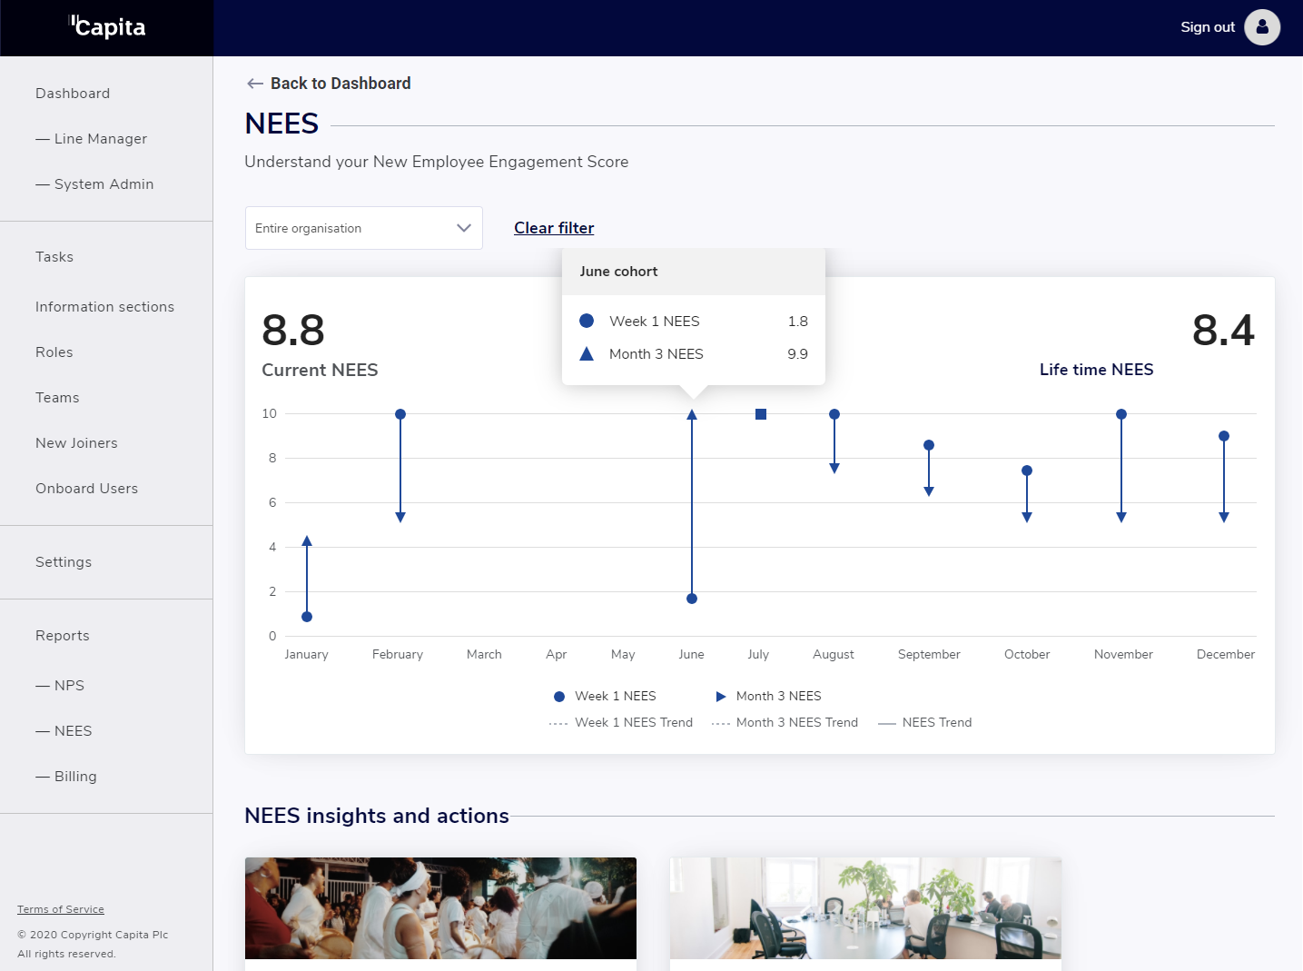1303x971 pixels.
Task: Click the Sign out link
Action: pyautogui.click(x=1207, y=27)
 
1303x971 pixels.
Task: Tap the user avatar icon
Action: pyautogui.click(x=1262, y=27)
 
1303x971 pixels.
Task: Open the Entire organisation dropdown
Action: pyautogui.click(x=363, y=228)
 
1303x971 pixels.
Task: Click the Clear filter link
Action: pyautogui.click(x=554, y=228)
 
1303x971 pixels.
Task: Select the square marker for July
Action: pyautogui.click(x=761, y=414)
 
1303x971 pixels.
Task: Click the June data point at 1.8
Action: pyautogui.click(x=692, y=599)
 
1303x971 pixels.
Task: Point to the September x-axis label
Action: pyautogui.click(x=928, y=654)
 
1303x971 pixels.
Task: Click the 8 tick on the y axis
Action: pyautogui.click(x=272, y=458)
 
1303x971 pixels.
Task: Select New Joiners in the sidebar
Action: pyautogui.click(x=76, y=443)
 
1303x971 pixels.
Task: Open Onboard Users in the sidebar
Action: pyautogui.click(x=86, y=489)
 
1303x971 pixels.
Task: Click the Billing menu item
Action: pyautogui.click(x=74, y=777)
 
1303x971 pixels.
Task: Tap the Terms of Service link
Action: pyautogui.click(x=61, y=909)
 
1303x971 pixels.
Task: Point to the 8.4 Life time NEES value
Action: pyautogui.click(x=1222, y=330)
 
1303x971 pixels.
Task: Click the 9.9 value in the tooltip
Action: pyautogui.click(x=797, y=354)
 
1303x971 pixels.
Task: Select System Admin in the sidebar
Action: pyautogui.click(x=103, y=184)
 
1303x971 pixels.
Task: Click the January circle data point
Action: pyautogui.click(x=307, y=617)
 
